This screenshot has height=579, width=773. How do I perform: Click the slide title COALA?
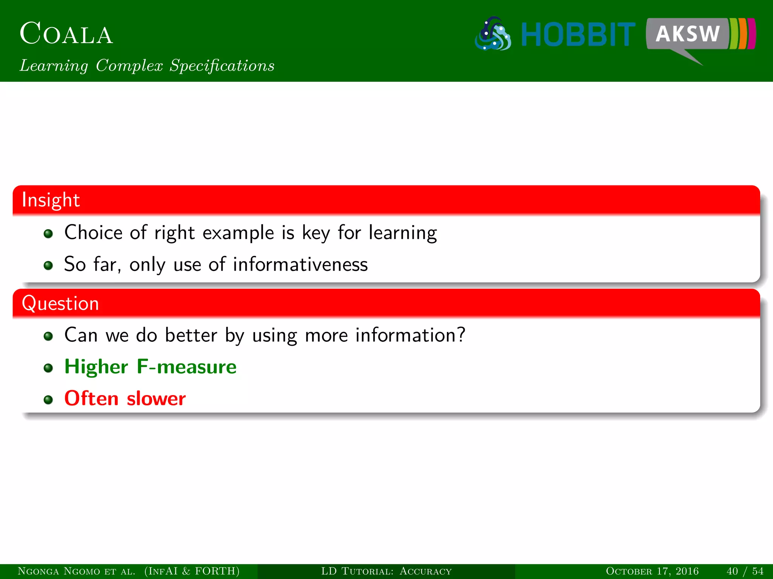coord(66,34)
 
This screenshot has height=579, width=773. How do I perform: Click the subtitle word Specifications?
coord(222,66)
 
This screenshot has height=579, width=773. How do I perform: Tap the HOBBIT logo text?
coord(578,35)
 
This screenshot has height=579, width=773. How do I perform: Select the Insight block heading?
coord(51,200)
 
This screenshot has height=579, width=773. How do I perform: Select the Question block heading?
coord(60,303)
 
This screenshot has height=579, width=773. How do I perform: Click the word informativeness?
coord(300,264)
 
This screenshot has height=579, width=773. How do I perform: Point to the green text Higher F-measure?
coord(150,367)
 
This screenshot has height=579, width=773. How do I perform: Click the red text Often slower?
coord(125,398)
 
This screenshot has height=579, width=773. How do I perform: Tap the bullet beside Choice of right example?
coord(48,234)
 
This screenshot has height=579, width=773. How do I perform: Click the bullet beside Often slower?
coord(48,399)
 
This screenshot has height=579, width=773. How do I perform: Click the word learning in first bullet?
coord(402,233)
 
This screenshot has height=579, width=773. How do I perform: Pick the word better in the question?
coord(191,335)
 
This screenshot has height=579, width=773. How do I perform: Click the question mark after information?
coord(461,334)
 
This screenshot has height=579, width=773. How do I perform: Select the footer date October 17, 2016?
coord(652,571)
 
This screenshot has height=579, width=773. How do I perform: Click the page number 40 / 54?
coord(744,571)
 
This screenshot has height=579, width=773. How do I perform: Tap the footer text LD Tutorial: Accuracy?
coord(386,571)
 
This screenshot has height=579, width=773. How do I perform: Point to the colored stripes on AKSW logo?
coord(742,34)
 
